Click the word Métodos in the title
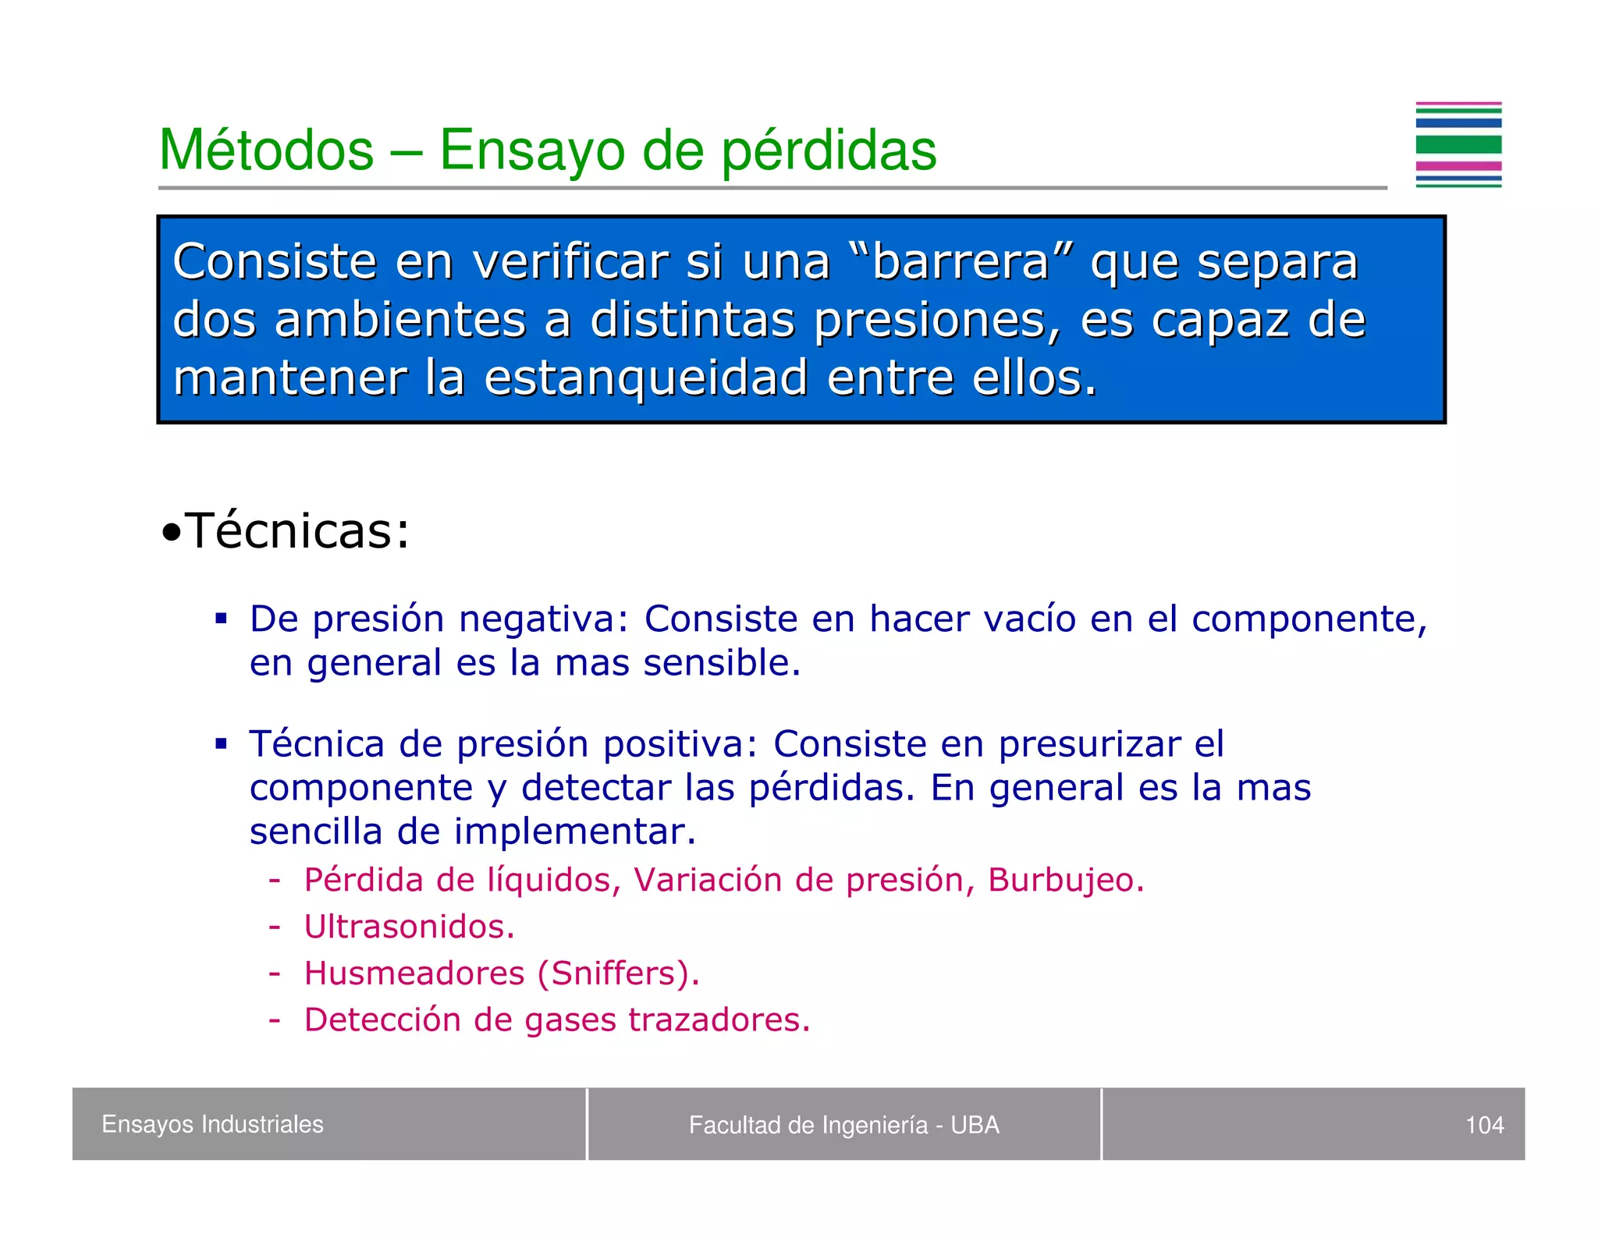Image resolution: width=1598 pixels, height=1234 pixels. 266,150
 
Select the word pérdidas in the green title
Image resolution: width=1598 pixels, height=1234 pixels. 829,151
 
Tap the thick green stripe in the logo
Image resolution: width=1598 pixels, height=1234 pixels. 1458,144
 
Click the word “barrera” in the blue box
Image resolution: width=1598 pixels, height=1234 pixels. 961,261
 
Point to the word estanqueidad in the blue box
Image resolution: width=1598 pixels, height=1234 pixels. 645,378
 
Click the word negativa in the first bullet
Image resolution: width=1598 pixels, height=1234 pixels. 543,619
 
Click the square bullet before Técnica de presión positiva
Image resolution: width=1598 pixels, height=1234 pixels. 222,744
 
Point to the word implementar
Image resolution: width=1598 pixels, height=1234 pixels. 575,832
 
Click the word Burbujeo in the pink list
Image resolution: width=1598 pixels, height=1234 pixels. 1065,880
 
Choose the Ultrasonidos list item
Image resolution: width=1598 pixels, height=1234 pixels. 409,927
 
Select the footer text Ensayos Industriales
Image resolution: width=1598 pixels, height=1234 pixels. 212,1124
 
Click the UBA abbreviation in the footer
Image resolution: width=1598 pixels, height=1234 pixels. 975,1125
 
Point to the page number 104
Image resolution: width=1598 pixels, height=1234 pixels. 1484,1125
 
